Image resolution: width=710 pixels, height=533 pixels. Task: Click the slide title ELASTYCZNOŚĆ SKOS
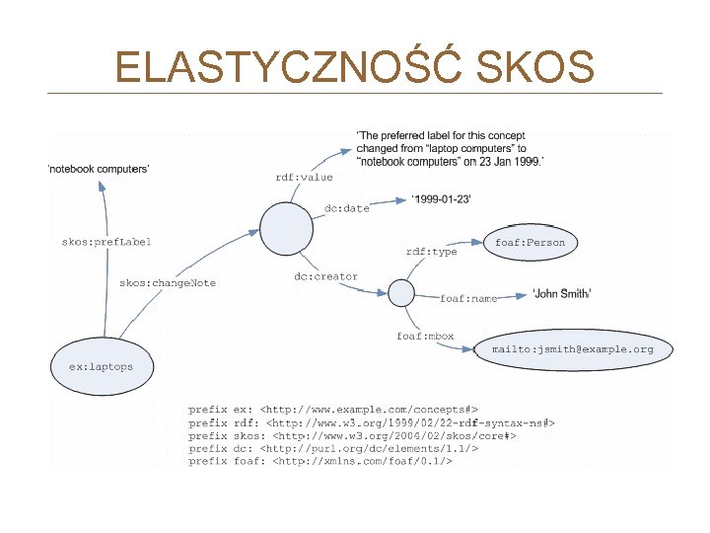coord(354,67)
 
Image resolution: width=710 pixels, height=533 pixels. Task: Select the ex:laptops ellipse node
coord(102,366)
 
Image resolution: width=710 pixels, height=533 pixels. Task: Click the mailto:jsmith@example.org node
coord(574,349)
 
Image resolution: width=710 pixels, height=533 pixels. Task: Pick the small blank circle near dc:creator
coord(401,293)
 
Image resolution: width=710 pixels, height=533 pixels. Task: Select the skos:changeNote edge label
coord(168,283)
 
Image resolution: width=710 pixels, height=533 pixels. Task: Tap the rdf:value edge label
coord(304,177)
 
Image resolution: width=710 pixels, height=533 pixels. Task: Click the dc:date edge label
coord(347,208)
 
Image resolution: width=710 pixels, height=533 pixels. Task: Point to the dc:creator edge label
coord(326,276)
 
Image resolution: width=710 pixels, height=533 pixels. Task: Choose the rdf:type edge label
coord(432,252)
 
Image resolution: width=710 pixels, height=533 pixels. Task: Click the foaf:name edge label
coord(468,298)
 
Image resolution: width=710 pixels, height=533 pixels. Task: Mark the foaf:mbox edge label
coord(425,336)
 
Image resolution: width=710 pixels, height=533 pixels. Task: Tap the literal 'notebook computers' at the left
coord(99,169)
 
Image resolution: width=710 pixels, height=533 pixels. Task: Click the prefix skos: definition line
coord(352,435)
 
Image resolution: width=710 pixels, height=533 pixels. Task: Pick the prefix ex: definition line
coord(333,410)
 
